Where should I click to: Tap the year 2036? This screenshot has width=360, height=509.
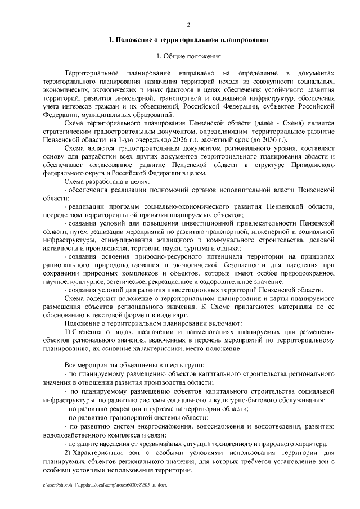pos(267,138)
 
